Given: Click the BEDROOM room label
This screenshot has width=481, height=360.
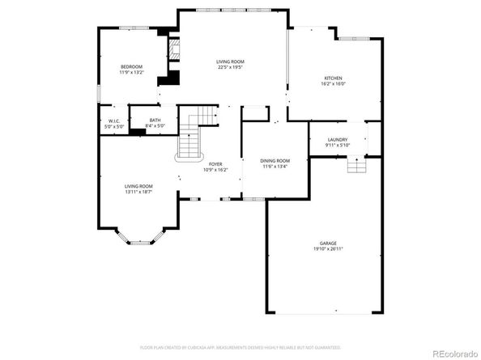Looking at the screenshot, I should (131, 66).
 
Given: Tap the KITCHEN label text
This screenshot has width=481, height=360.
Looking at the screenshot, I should (334, 78).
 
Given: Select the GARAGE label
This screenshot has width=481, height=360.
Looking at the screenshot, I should (328, 243).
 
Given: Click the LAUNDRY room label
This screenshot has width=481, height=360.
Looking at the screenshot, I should (338, 140).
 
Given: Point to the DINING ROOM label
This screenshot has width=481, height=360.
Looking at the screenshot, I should (275, 161).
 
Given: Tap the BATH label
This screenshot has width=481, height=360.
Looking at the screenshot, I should (154, 121).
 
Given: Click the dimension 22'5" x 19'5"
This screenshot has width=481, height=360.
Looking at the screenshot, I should (230, 67).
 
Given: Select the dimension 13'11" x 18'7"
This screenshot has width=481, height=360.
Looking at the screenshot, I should (138, 192).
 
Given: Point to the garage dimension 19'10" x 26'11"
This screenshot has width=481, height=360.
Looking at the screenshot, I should (328, 248).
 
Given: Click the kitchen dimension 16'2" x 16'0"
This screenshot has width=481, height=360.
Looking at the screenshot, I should (334, 83).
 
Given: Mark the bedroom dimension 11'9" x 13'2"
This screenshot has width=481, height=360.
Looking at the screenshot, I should (131, 72).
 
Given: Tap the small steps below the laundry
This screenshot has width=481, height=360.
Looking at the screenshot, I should (356, 165).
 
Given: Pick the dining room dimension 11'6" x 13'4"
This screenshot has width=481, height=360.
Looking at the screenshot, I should (275, 167).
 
